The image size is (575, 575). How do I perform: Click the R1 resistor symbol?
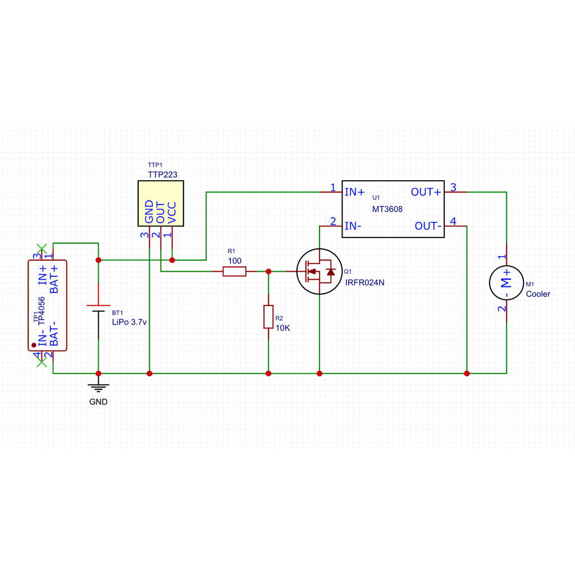pyautogui.click(x=234, y=271)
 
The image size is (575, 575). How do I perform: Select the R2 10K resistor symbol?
pyautogui.click(x=268, y=317)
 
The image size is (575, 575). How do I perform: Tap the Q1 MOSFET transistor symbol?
pyautogui.click(x=320, y=271)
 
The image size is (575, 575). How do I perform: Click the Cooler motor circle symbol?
pyautogui.click(x=506, y=283)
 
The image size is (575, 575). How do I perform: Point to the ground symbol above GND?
pyautogui.click(x=98, y=388)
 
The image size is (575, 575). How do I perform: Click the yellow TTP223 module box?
pyautogui.click(x=161, y=203)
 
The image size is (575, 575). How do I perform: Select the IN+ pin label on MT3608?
pyautogui.click(x=355, y=192)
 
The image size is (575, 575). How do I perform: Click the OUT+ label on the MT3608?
pyautogui.click(x=426, y=192)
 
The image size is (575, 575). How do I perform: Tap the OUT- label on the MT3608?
pyautogui.click(x=428, y=226)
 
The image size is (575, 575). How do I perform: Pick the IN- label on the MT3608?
pyautogui.click(x=353, y=226)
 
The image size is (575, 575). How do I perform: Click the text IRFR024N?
pyautogui.click(x=364, y=282)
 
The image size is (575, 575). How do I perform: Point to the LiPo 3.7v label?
pyautogui.click(x=129, y=322)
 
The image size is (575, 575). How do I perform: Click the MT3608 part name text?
pyautogui.click(x=387, y=209)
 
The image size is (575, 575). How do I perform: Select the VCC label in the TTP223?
pyautogui.click(x=172, y=212)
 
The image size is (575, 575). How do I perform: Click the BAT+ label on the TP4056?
pyautogui.click(x=54, y=279)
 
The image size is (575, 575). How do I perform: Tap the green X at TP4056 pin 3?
pyautogui.click(x=42, y=248)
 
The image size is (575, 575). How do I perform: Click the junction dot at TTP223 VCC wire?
pyautogui.click(x=172, y=260)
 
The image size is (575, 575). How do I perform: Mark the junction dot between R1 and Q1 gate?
pyautogui.click(x=268, y=271)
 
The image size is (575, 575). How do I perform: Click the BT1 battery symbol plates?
pyautogui.click(x=98, y=308)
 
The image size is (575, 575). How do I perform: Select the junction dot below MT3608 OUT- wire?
pyautogui.click(x=467, y=373)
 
